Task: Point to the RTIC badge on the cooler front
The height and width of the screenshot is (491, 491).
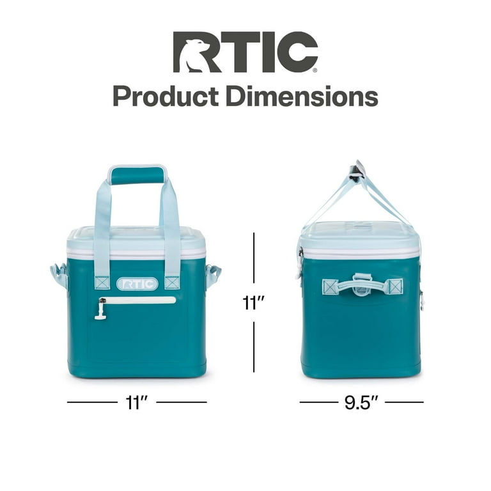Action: point(137,283)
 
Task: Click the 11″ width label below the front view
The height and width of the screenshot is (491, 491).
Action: point(137,402)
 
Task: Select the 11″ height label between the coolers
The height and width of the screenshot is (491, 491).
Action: point(254,302)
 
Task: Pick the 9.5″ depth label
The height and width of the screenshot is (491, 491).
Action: point(361,402)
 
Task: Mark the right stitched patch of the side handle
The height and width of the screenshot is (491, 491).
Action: point(394,286)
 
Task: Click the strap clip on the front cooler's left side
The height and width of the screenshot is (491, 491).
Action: point(59,276)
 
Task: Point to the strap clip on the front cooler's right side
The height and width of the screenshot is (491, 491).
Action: point(213,276)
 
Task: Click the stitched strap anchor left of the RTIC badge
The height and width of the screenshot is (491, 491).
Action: point(102,283)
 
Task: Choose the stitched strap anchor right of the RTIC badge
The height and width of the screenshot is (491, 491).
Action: point(171,283)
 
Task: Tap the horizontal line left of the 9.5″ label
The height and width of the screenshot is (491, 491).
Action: point(318,402)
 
